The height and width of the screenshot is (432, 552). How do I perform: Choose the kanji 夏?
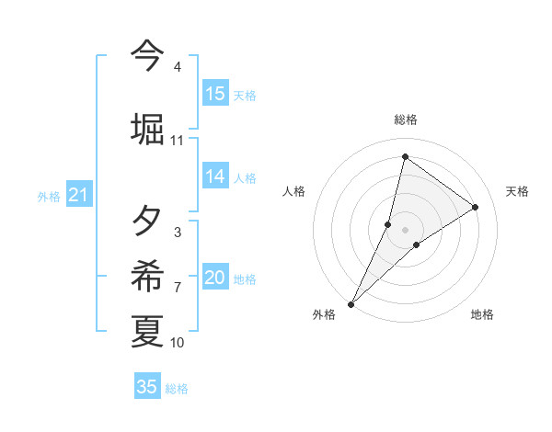(x=147, y=332)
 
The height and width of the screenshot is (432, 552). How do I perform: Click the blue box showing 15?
(x=215, y=94)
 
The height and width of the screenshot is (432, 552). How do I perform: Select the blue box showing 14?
(x=215, y=177)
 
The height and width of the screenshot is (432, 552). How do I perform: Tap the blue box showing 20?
(x=215, y=279)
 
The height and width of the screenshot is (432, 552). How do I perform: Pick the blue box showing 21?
(x=78, y=196)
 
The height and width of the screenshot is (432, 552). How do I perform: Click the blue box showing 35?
(x=147, y=387)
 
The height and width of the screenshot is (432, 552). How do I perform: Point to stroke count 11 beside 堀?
(x=177, y=141)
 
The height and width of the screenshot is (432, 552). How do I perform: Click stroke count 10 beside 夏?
(x=177, y=343)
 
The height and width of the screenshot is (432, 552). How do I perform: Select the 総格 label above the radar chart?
(x=405, y=119)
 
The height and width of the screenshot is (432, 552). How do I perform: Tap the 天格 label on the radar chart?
(x=517, y=191)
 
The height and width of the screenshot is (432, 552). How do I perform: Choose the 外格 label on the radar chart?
(x=324, y=315)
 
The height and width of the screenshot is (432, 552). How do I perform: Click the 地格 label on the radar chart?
(x=482, y=315)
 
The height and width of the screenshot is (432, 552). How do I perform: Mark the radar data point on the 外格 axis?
(x=351, y=303)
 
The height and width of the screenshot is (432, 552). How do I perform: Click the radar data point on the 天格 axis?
(x=476, y=207)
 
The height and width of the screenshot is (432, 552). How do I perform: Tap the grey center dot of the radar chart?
(x=405, y=230)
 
